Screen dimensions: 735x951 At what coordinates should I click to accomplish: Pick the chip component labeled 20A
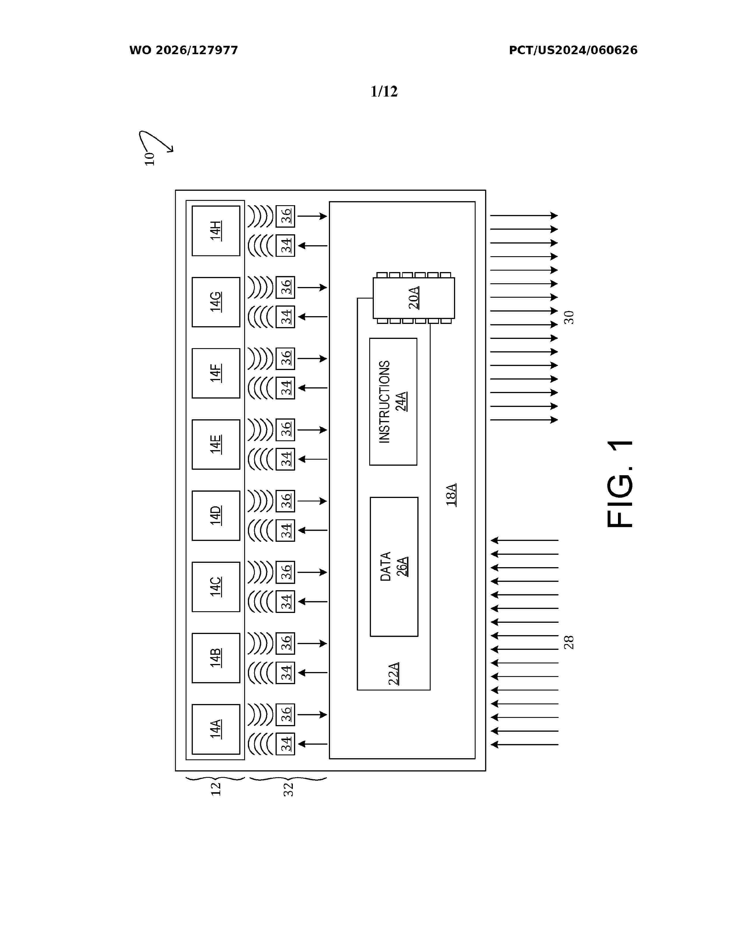point(414,298)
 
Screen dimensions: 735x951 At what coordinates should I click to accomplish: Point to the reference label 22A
point(394,674)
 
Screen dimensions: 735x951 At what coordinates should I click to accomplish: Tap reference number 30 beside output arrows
point(569,318)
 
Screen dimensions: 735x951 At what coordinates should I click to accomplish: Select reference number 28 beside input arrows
point(569,642)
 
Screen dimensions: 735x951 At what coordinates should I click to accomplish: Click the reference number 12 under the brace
point(216,789)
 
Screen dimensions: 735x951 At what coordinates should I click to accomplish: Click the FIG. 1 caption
point(620,484)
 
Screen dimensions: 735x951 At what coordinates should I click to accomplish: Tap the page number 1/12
point(384,91)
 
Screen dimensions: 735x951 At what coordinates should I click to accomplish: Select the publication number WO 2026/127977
point(183,50)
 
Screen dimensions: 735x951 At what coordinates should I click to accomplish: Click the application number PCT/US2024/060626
point(573,50)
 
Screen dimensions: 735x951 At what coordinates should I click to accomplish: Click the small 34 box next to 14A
point(286,744)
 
